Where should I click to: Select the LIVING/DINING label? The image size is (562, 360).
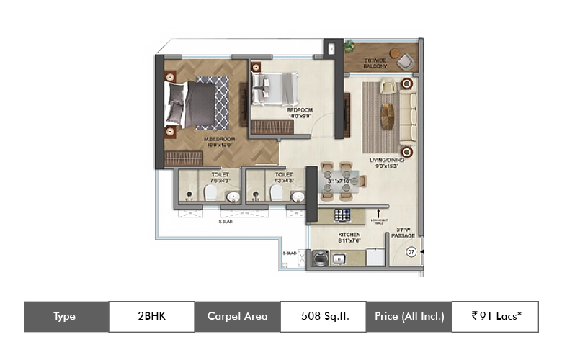click(387, 161)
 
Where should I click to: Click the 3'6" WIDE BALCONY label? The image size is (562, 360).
click(375, 63)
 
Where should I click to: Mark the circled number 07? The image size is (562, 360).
click(411, 252)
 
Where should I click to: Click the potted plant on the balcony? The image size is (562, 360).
click(349, 48)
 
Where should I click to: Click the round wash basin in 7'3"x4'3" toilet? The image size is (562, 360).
click(296, 195)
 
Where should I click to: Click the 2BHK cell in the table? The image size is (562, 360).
click(151, 316)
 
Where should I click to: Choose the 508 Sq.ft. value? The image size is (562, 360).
click(324, 316)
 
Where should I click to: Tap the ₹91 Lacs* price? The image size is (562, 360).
click(495, 316)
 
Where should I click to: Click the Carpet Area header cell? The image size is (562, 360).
click(237, 316)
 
